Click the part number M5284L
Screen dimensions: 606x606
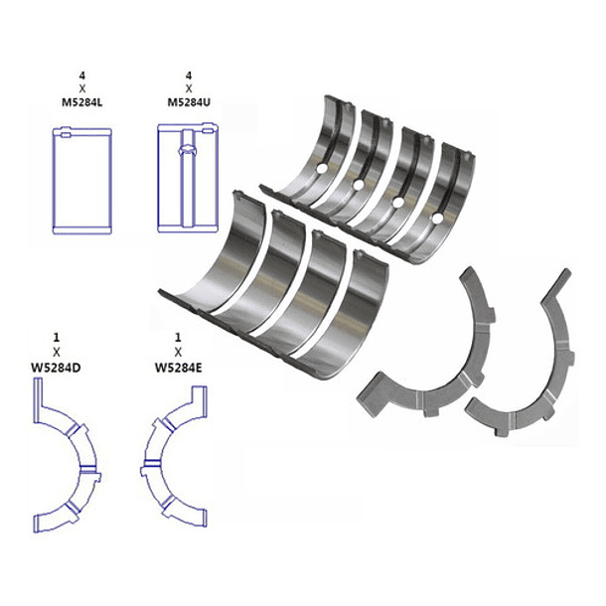pyautogui.click(x=81, y=102)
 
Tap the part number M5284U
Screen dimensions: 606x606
pyautogui.click(x=189, y=102)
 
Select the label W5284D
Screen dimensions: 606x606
pyautogui.click(x=56, y=368)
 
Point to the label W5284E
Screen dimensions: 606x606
pyautogui.click(x=178, y=368)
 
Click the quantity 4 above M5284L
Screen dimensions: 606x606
pyautogui.click(x=81, y=76)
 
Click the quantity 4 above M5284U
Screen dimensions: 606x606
pyautogui.click(x=189, y=76)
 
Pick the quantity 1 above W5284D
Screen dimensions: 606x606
pyautogui.click(x=57, y=338)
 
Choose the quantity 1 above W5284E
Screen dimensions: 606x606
pyautogui.click(x=178, y=338)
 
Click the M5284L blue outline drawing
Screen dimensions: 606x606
pyautogui.click(x=81, y=181)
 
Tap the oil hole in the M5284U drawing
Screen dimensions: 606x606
pyautogui.click(x=188, y=151)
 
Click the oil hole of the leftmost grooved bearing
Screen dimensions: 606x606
pyautogui.click(x=322, y=168)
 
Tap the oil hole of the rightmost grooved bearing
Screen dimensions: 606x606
pyautogui.click(x=437, y=219)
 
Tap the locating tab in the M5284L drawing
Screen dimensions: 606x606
pyautogui.click(x=65, y=135)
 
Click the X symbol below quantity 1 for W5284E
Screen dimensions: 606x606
pyautogui.click(x=178, y=353)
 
